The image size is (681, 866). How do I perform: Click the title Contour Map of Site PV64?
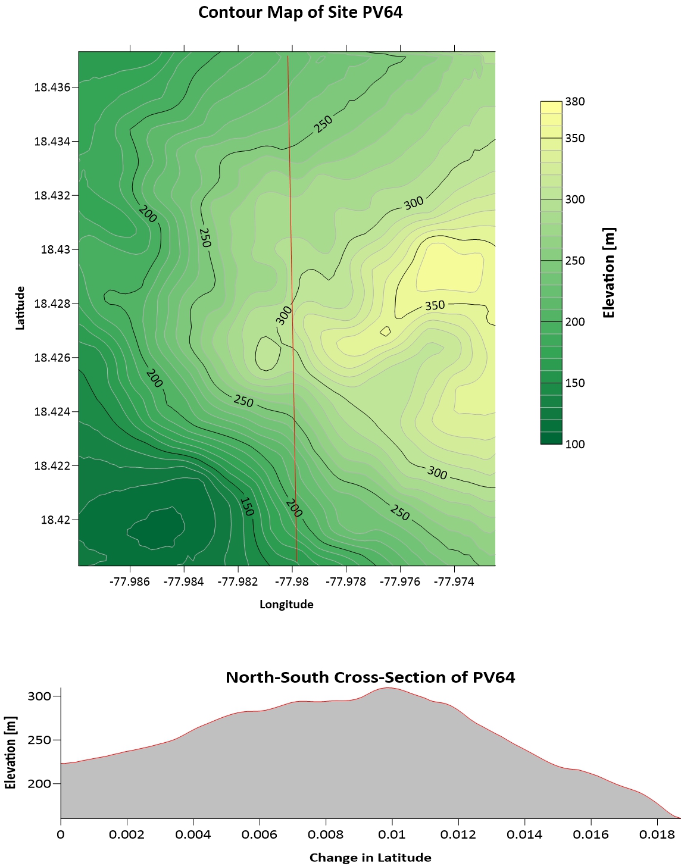coord(300,12)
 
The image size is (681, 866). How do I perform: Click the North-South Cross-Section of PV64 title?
coord(370,677)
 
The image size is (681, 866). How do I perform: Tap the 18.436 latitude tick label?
coord(52,87)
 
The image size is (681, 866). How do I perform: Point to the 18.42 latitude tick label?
coord(55,520)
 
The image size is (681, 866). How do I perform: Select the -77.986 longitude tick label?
coord(129,581)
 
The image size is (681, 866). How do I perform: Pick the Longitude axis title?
coord(286,604)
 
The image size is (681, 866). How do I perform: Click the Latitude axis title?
coord(20,308)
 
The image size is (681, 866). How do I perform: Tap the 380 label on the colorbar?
coord(575,102)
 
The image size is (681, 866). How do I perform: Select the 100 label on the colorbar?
coord(575,444)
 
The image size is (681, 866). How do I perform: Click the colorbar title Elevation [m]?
coord(608,273)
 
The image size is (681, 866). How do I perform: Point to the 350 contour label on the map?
coord(435,305)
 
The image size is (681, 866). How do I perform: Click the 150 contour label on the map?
coord(246,507)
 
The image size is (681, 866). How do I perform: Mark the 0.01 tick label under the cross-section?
coord(392,834)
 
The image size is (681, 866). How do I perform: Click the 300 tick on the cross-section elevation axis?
coord(40,696)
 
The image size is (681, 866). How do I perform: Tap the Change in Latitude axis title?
coord(370,857)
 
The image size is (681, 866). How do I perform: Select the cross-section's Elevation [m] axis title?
coord(10,753)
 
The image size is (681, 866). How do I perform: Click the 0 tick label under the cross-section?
coord(61,834)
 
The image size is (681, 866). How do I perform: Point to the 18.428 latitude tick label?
coord(52,304)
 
